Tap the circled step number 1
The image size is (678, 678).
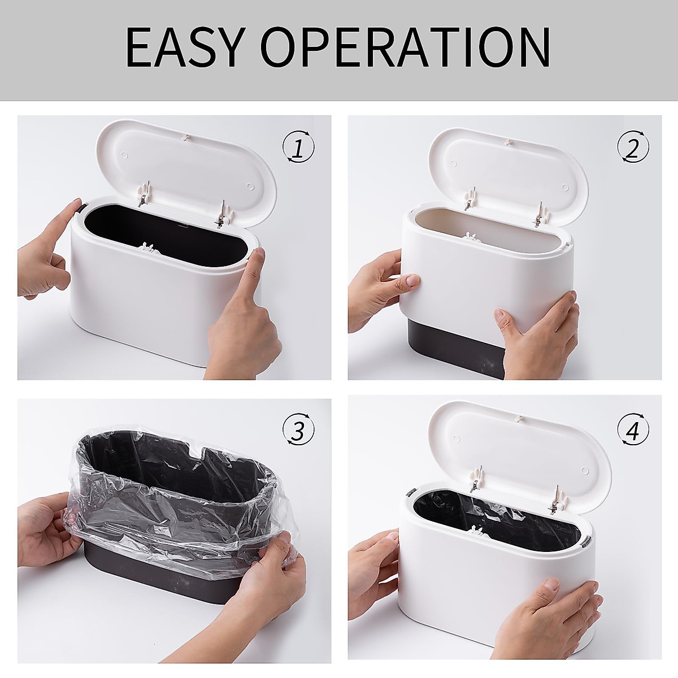tap(298, 148)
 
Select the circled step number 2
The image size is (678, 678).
tap(632, 148)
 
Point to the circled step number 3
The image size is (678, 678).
tap(298, 431)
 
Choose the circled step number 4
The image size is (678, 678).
tap(632, 431)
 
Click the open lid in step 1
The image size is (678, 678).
tap(186, 164)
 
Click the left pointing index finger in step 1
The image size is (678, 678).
tap(54, 237)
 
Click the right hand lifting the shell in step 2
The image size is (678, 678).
tap(537, 333)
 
